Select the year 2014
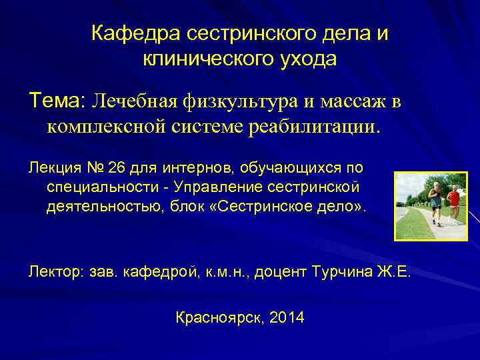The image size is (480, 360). pyautogui.click(x=288, y=317)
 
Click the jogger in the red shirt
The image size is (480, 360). pyautogui.click(x=453, y=203)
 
